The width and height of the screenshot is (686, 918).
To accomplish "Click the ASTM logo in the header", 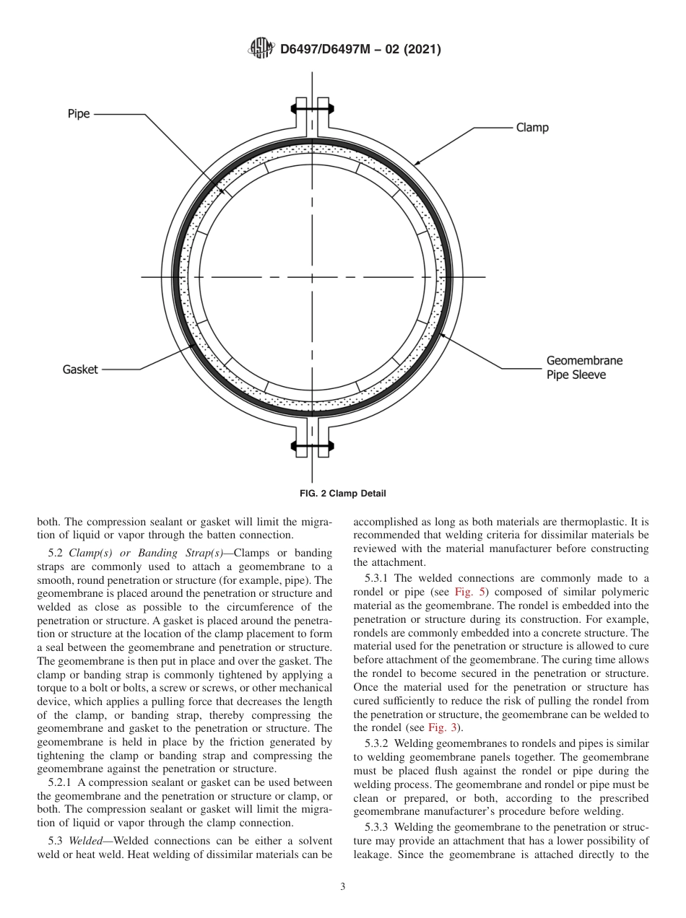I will click(x=261, y=49).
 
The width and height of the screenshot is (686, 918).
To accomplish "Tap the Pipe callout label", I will click(x=79, y=114).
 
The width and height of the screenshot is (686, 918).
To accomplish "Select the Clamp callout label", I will click(x=532, y=128).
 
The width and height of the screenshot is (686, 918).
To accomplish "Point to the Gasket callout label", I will click(x=80, y=370).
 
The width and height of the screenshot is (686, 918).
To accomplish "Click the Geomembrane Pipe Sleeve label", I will click(x=583, y=367).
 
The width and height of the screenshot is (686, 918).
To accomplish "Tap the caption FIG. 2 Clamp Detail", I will click(x=342, y=494).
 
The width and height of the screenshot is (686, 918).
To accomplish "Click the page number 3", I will click(x=342, y=887).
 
